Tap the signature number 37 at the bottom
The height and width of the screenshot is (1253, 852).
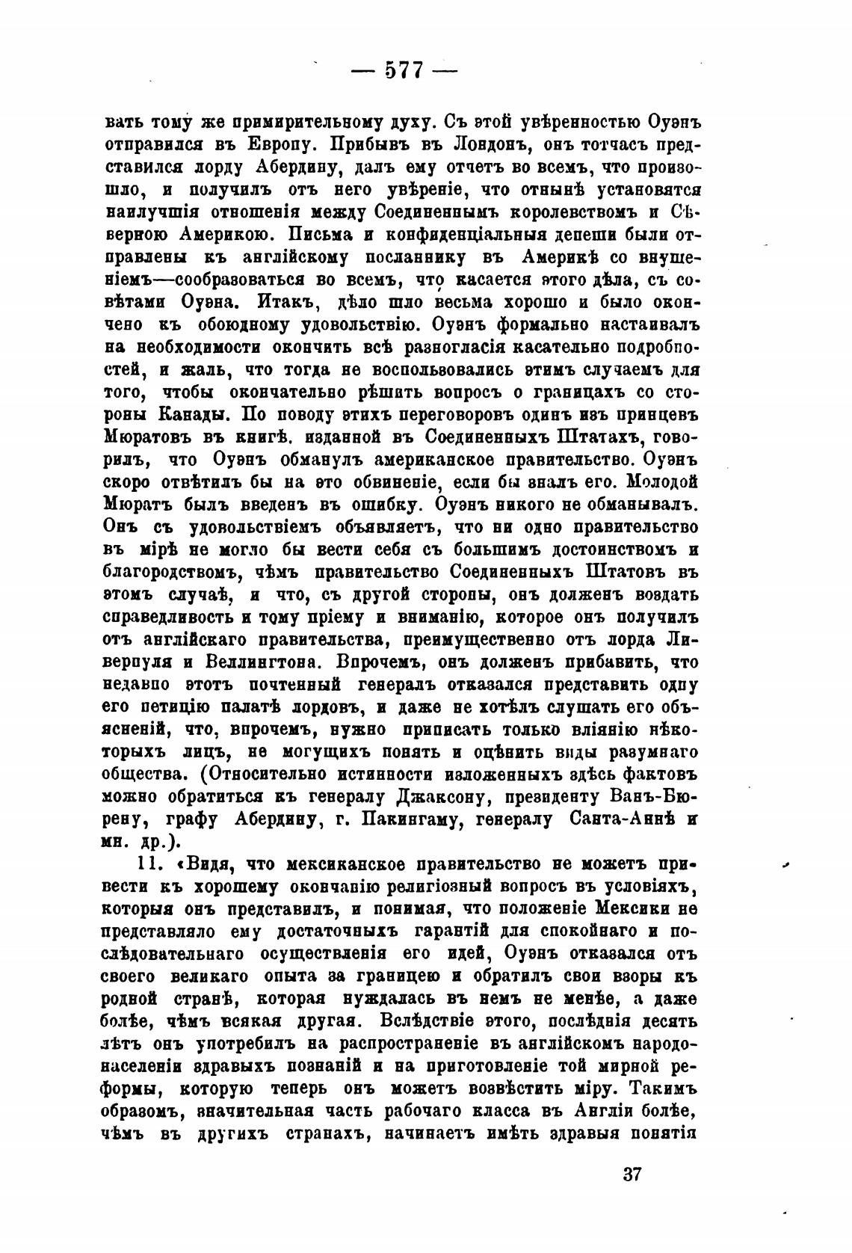632,1172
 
